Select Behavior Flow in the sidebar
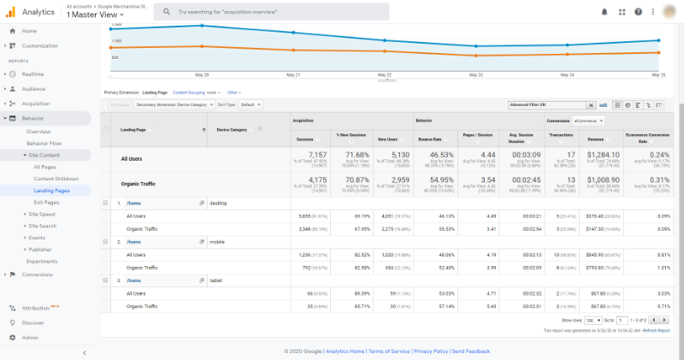[43, 143]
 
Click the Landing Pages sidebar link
[51, 190]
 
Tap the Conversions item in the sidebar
[37, 274]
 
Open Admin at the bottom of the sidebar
[29, 337]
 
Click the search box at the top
[271, 13]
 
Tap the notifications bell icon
[604, 13]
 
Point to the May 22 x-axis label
[384, 74]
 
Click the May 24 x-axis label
[566, 74]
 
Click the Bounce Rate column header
[428, 139]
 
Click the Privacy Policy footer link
[431, 351]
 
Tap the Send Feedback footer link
[471, 351]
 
